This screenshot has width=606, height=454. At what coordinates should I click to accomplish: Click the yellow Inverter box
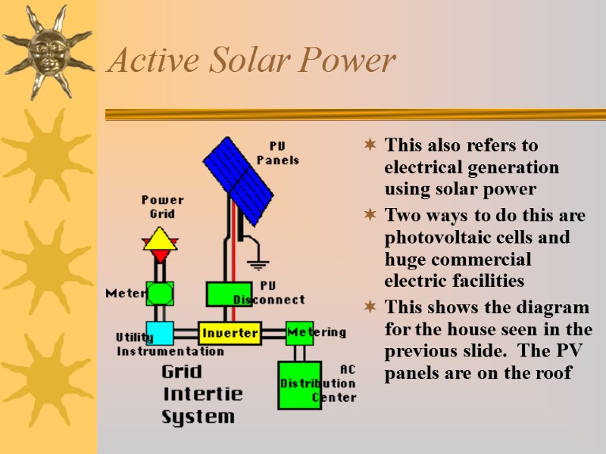point(230,333)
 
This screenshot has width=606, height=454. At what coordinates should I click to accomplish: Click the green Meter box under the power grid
point(160,293)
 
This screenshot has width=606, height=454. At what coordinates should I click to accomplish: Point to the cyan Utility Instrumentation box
point(160,333)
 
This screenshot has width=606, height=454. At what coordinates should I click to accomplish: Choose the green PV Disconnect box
point(229,294)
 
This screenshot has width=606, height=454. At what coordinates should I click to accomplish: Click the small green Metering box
point(299,333)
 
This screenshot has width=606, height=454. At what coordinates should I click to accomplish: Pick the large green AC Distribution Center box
point(298,384)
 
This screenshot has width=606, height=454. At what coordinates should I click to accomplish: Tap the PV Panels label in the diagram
point(278,153)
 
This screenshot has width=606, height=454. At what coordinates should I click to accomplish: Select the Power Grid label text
point(162,207)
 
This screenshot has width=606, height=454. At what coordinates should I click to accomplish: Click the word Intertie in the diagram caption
point(203,394)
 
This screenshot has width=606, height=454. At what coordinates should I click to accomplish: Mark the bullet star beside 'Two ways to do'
point(370,216)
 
